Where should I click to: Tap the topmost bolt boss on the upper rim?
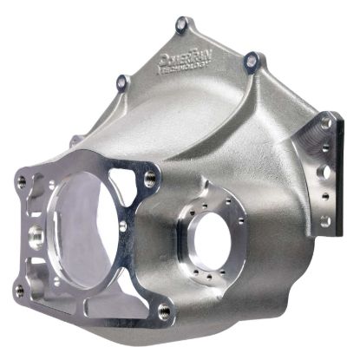pyautogui.click(x=181, y=23)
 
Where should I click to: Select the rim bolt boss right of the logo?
pyautogui.click(x=251, y=60)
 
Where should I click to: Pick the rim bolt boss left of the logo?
pyautogui.click(x=122, y=82)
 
